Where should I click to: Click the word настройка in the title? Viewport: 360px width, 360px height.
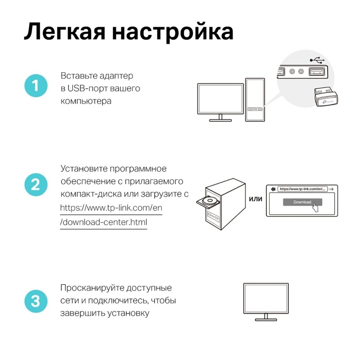click(172, 32)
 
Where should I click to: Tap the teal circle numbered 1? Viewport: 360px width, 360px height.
click(36, 86)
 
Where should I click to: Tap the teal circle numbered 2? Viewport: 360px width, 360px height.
click(36, 185)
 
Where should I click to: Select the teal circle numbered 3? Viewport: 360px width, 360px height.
click(36, 301)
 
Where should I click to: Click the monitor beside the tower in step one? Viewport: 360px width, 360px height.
click(219, 99)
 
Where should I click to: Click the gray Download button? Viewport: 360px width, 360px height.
click(302, 202)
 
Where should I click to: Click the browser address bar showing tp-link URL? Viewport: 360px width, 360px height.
click(302, 188)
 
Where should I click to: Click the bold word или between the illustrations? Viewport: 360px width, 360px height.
click(256, 199)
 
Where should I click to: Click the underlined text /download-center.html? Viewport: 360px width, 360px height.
click(104, 222)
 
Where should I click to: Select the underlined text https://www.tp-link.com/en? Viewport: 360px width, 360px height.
click(111, 208)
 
